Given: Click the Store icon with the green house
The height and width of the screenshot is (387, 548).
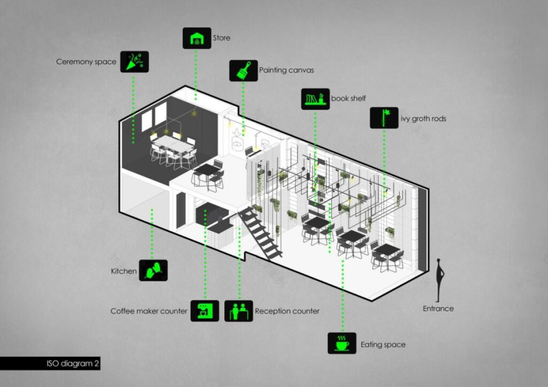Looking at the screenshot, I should [x=196, y=38].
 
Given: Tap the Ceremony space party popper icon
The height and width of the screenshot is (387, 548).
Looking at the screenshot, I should [x=134, y=62].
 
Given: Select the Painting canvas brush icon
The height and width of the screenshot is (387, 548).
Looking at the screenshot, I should [x=243, y=70].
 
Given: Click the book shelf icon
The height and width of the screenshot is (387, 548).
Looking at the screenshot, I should [x=315, y=99].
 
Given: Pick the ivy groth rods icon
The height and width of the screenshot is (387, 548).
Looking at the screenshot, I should [x=384, y=118].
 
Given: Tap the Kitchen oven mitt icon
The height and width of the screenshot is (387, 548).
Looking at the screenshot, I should [x=153, y=270].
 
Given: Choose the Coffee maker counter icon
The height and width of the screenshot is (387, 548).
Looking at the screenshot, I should [x=204, y=310].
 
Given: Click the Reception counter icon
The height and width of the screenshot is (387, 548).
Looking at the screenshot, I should [x=239, y=310].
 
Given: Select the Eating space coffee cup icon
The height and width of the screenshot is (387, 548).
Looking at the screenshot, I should [x=342, y=343].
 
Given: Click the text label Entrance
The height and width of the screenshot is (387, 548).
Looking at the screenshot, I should [x=438, y=308].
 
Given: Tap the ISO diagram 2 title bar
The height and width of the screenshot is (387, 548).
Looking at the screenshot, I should [x=50, y=363].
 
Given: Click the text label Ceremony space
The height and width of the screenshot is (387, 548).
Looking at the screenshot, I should [x=86, y=62].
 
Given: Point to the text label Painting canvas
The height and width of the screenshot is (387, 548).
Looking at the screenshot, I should [x=286, y=70].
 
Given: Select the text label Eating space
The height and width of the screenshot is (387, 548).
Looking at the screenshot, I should [x=383, y=344].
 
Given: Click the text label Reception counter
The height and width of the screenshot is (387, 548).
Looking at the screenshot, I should [x=287, y=310].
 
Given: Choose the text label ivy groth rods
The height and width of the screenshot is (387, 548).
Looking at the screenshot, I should [x=423, y=118].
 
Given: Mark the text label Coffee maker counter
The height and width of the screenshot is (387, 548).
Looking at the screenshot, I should [x=149, y=310].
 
